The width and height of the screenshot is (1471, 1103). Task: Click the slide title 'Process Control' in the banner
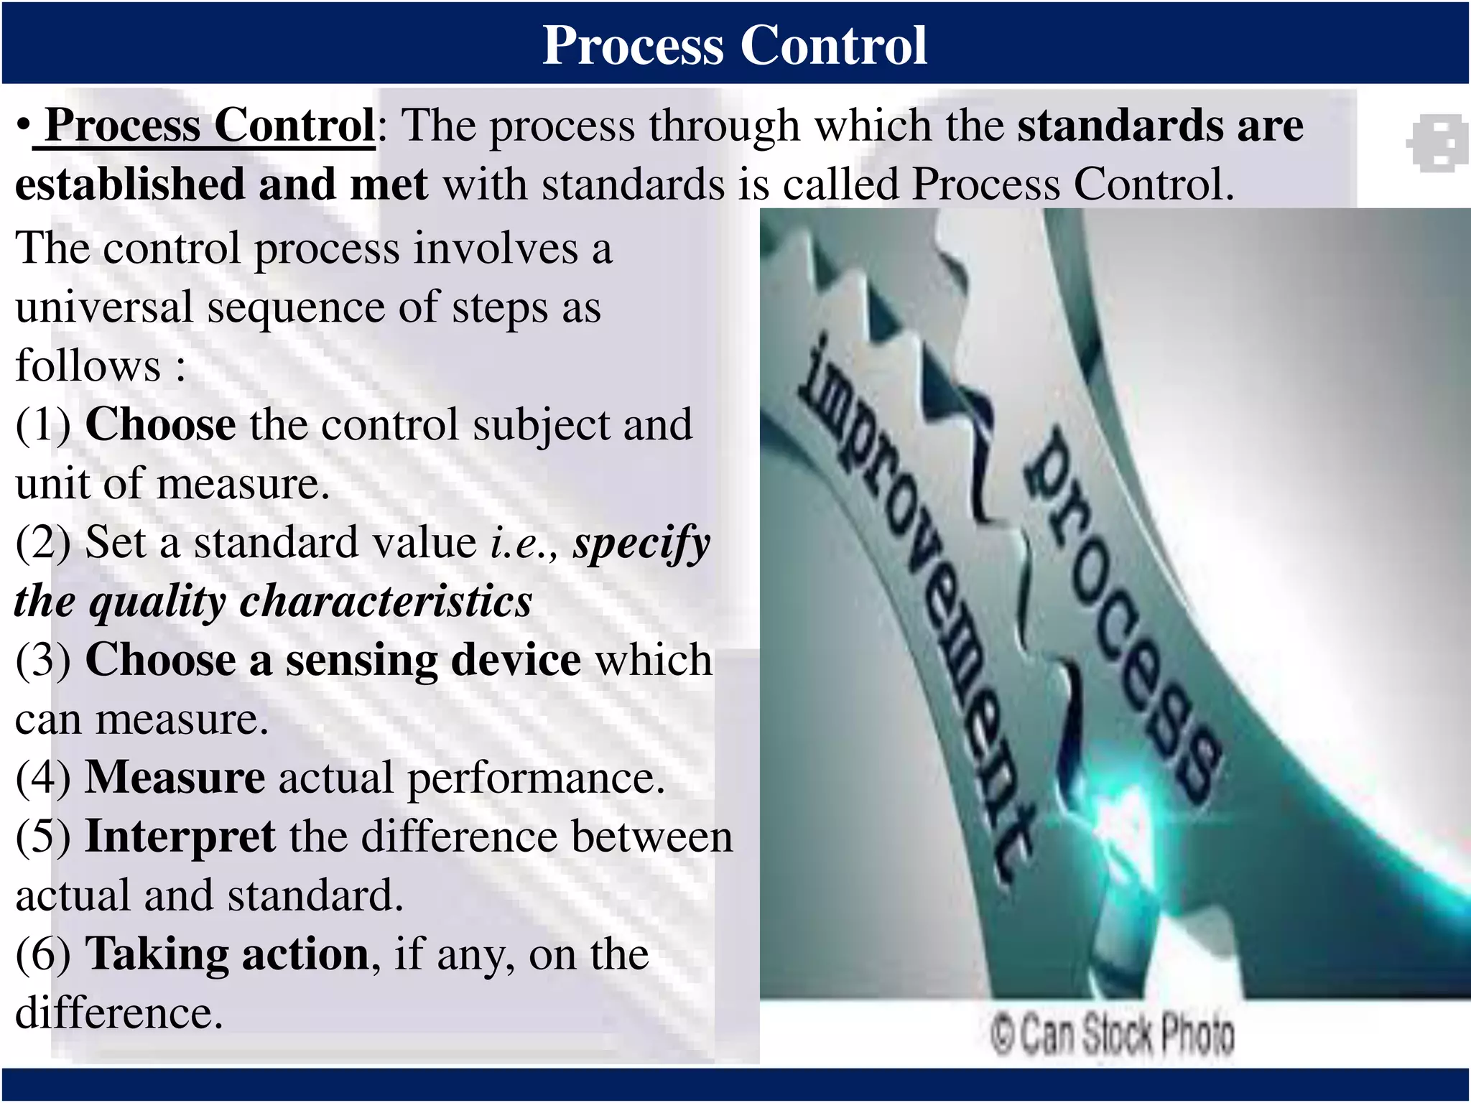734,45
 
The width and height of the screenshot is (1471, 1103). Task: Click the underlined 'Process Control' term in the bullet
209,126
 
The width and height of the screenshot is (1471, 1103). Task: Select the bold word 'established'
130,185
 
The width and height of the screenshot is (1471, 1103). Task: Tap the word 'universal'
104,307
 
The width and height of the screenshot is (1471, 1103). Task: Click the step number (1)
43,425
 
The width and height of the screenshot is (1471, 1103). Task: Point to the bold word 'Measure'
175,778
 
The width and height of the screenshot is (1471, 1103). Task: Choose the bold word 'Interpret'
180,837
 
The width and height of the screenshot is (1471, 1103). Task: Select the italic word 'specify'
641,544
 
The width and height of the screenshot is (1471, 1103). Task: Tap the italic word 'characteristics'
386,602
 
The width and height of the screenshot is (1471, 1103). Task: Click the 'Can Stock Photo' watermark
1112,1035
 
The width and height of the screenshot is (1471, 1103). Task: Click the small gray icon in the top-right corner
1436,143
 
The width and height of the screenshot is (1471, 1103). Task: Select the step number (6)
43,954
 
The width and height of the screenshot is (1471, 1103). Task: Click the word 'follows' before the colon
88,366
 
